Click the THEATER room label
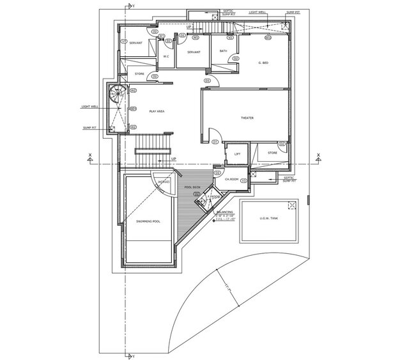click(x=247, y=118)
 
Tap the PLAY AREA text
click(x=157, y=111)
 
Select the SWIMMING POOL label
click(x=148, y=221)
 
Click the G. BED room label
click(x=263, y=63)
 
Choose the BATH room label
click(x=223, y=51)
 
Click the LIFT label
click(x=237, y=153)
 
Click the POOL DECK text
click(x=193, y=187)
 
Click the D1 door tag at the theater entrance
click(x=216, y=141)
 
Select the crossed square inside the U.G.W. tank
click(x=292, y=205)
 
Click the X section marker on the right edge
click(x=318, y=155)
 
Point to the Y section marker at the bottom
click(x=135, y=353)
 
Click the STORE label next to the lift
click(x=272, y=153)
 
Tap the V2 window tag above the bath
click(x=230, y=38)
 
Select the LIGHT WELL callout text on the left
click(x=90, y=106)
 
